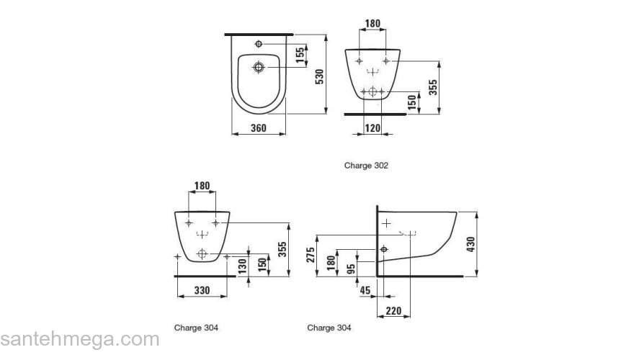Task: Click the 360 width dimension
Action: click(259, 128)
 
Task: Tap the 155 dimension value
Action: click(299, 55)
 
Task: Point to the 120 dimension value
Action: click(372, 128)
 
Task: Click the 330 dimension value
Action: click(202, 290)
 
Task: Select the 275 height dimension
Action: click(311, 256)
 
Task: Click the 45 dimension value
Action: click(366, 290)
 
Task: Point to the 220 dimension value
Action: click(394, 311)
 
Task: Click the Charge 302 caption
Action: click(366, 166)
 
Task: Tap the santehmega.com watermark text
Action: click(79, 339)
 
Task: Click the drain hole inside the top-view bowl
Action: click(259, 68)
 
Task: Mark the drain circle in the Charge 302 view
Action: click(372, 91)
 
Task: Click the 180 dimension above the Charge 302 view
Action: click(372, 24)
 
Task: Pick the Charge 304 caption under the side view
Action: click(329, 328)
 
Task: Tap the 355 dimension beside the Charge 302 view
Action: click(433, 87)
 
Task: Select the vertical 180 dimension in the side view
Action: click(331, 261)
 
